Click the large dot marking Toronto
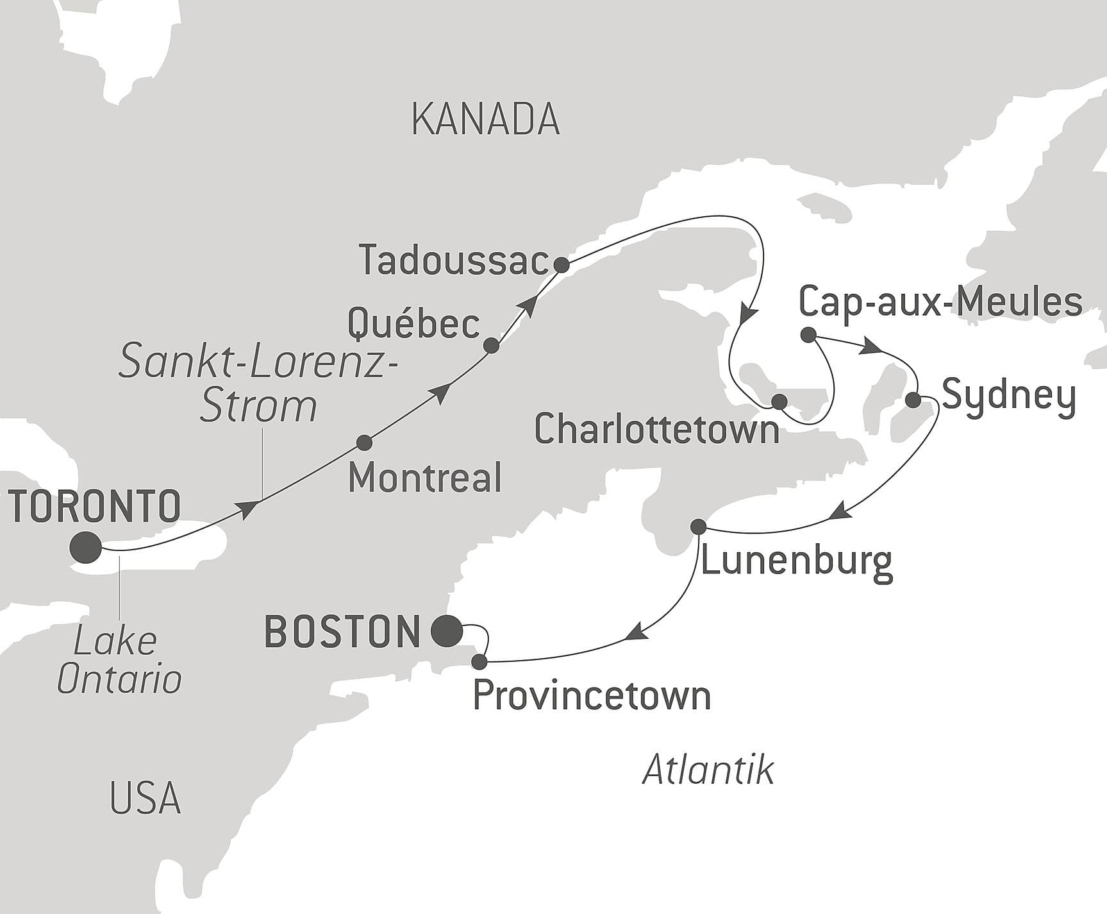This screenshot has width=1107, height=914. coord(86,548)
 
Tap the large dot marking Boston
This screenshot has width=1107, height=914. coord(447,631)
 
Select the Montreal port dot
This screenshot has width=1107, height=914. coord(364,443)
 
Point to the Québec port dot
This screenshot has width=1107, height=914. coord(491,346)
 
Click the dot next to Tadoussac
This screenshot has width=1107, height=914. coord(561,265)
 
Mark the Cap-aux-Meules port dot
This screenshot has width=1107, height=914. coord(808,334)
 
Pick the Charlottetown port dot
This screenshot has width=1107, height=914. coord(779,402)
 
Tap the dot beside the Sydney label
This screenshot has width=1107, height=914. coord(913,400)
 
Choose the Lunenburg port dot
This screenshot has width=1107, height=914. coord(699,527)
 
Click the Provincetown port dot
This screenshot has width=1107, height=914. coord(479,661)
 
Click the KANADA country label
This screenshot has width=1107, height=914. coord(485,119)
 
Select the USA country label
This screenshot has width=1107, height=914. coord(145,798)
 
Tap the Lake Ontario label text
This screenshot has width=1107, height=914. coord(119,660)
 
